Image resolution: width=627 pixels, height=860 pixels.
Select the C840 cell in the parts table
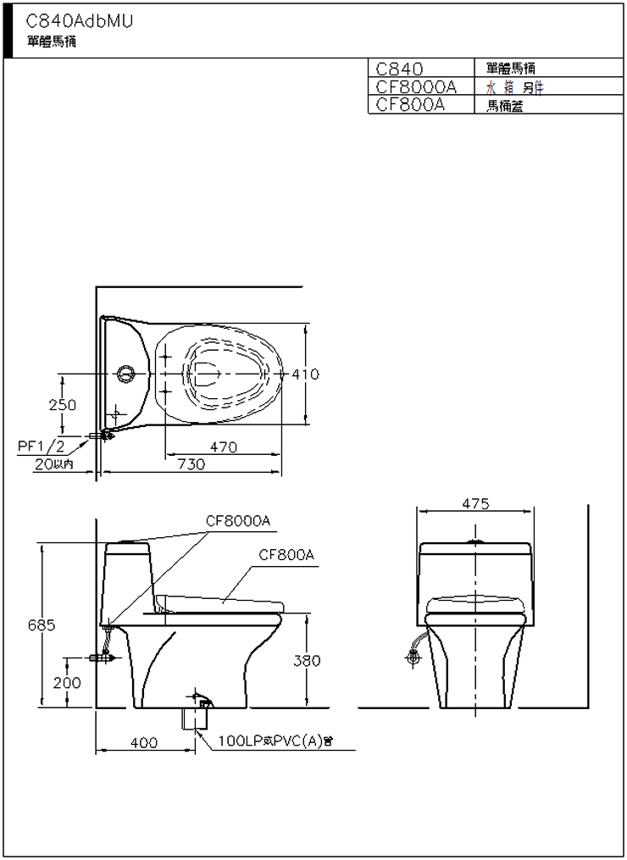pos(399,68)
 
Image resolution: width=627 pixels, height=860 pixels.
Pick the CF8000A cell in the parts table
pos(416,86)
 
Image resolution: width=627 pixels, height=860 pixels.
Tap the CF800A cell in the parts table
pos(411,105)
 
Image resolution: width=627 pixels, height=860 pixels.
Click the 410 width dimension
pos(306,374)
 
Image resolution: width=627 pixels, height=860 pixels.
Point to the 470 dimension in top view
pos(224,448)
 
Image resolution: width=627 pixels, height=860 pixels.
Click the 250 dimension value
pos(62,405)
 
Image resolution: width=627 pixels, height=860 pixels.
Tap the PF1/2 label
pos(42,446)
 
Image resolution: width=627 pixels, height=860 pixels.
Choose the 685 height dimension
pos(40,625)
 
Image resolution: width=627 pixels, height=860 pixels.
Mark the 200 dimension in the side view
pos(67,682)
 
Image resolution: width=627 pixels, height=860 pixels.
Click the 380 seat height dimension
pos(307,661)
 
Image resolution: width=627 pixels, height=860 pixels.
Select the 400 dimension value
pos(144,743)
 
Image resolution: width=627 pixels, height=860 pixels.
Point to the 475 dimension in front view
pos(476,503)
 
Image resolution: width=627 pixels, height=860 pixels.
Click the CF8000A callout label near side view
pos(238,521)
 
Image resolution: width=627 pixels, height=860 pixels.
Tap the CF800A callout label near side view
pos(286,555)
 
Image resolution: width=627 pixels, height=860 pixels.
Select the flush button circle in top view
pos(126,373)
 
